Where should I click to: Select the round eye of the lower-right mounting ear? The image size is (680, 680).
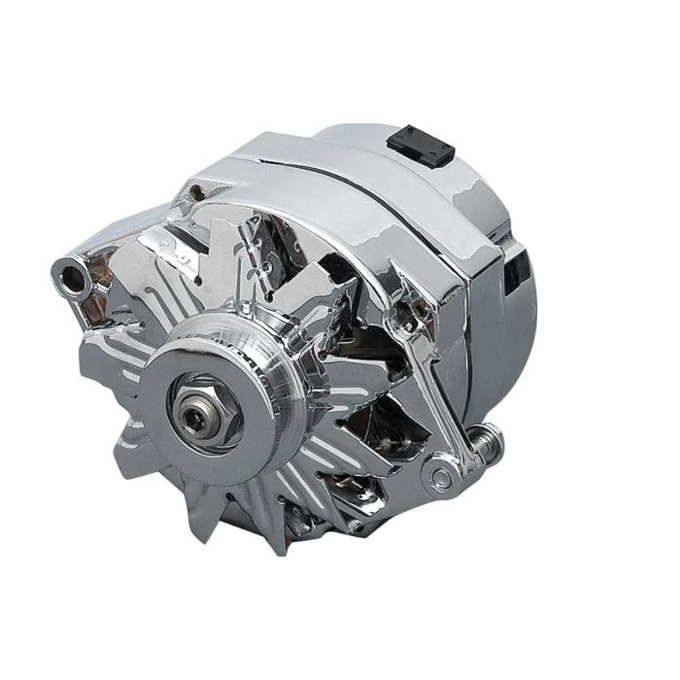tap(442, 476)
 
